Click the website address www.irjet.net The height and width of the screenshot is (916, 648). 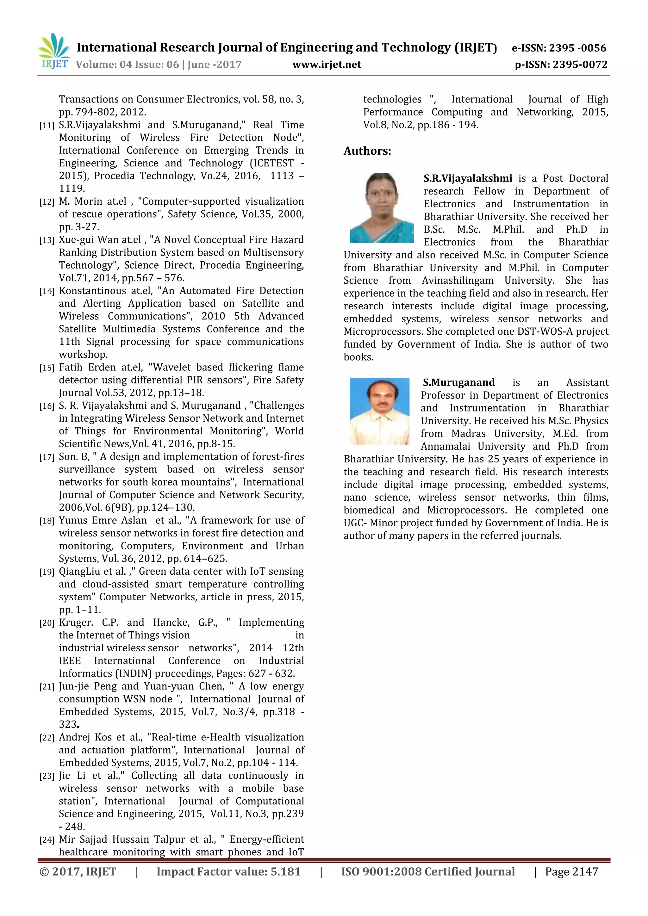327,65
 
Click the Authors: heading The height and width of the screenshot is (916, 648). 367,151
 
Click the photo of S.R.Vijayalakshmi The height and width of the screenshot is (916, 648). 382,207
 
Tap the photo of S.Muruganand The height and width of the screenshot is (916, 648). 379,411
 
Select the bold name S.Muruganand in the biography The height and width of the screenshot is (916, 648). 458,383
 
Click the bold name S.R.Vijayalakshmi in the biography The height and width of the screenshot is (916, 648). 468,178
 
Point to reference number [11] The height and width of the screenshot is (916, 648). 47,126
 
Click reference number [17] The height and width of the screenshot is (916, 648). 47,457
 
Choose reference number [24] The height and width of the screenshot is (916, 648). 47,840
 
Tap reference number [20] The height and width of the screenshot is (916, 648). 47,623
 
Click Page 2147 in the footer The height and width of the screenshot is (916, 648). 571,872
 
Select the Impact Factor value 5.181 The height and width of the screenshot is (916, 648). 285,872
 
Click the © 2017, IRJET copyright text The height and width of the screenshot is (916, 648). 78,872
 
